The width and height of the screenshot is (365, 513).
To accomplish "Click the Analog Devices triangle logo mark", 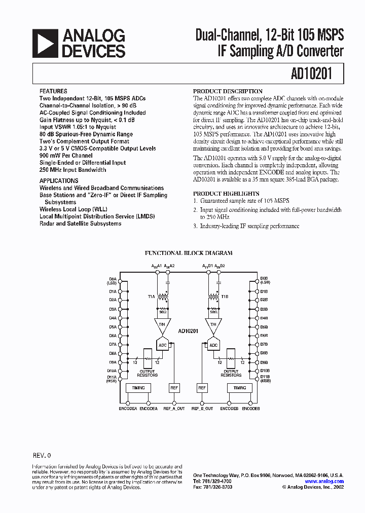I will pyautogui.click(x=45, y=43).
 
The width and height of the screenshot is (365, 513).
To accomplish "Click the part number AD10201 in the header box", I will pyautogui.click(x=312, y=74).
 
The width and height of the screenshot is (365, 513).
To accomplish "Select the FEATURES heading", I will pyautogui.click(x=53, y=92).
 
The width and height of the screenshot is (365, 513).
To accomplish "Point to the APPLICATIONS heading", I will pyautogui.click(x=59, y=180).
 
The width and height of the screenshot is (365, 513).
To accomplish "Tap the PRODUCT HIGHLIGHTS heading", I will pyautogui.click(x=226, y=194).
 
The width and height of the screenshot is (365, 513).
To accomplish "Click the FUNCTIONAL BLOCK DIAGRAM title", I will pyautogui.click(x=189, y=252).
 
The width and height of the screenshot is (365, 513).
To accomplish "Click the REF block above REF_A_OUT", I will pyautogui.click(x=174, y=388).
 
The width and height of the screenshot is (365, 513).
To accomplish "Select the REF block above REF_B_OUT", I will pyautogui.click(x=202, y=388).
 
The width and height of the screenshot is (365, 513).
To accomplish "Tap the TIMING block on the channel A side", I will pyautogui.click(x=138, y=388).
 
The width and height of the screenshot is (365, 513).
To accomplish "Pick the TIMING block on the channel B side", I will pyautogui.click(x=239, y=388).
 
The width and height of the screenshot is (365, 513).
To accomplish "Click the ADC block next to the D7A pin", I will pyautogui.click(x=163, y=345).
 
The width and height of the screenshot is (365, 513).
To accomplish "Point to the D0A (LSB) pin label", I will pyautogui.click(x=113, y=280).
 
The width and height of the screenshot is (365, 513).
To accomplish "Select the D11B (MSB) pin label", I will pyautogui.click(x=265, y=379).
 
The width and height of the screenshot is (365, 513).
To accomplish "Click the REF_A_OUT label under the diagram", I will pyautogui.click(x=174, y=409).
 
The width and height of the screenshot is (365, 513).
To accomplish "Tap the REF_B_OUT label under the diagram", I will pyautogui.click(x=202, y=409).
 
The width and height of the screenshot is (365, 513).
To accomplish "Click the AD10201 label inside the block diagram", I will pyautogui.click(x=188, y=331).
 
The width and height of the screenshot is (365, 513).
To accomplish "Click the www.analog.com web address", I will pyautogui.click(x=324, y=481).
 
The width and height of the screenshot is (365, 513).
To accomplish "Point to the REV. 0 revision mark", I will pyautogui.click(x=42, y=455).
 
